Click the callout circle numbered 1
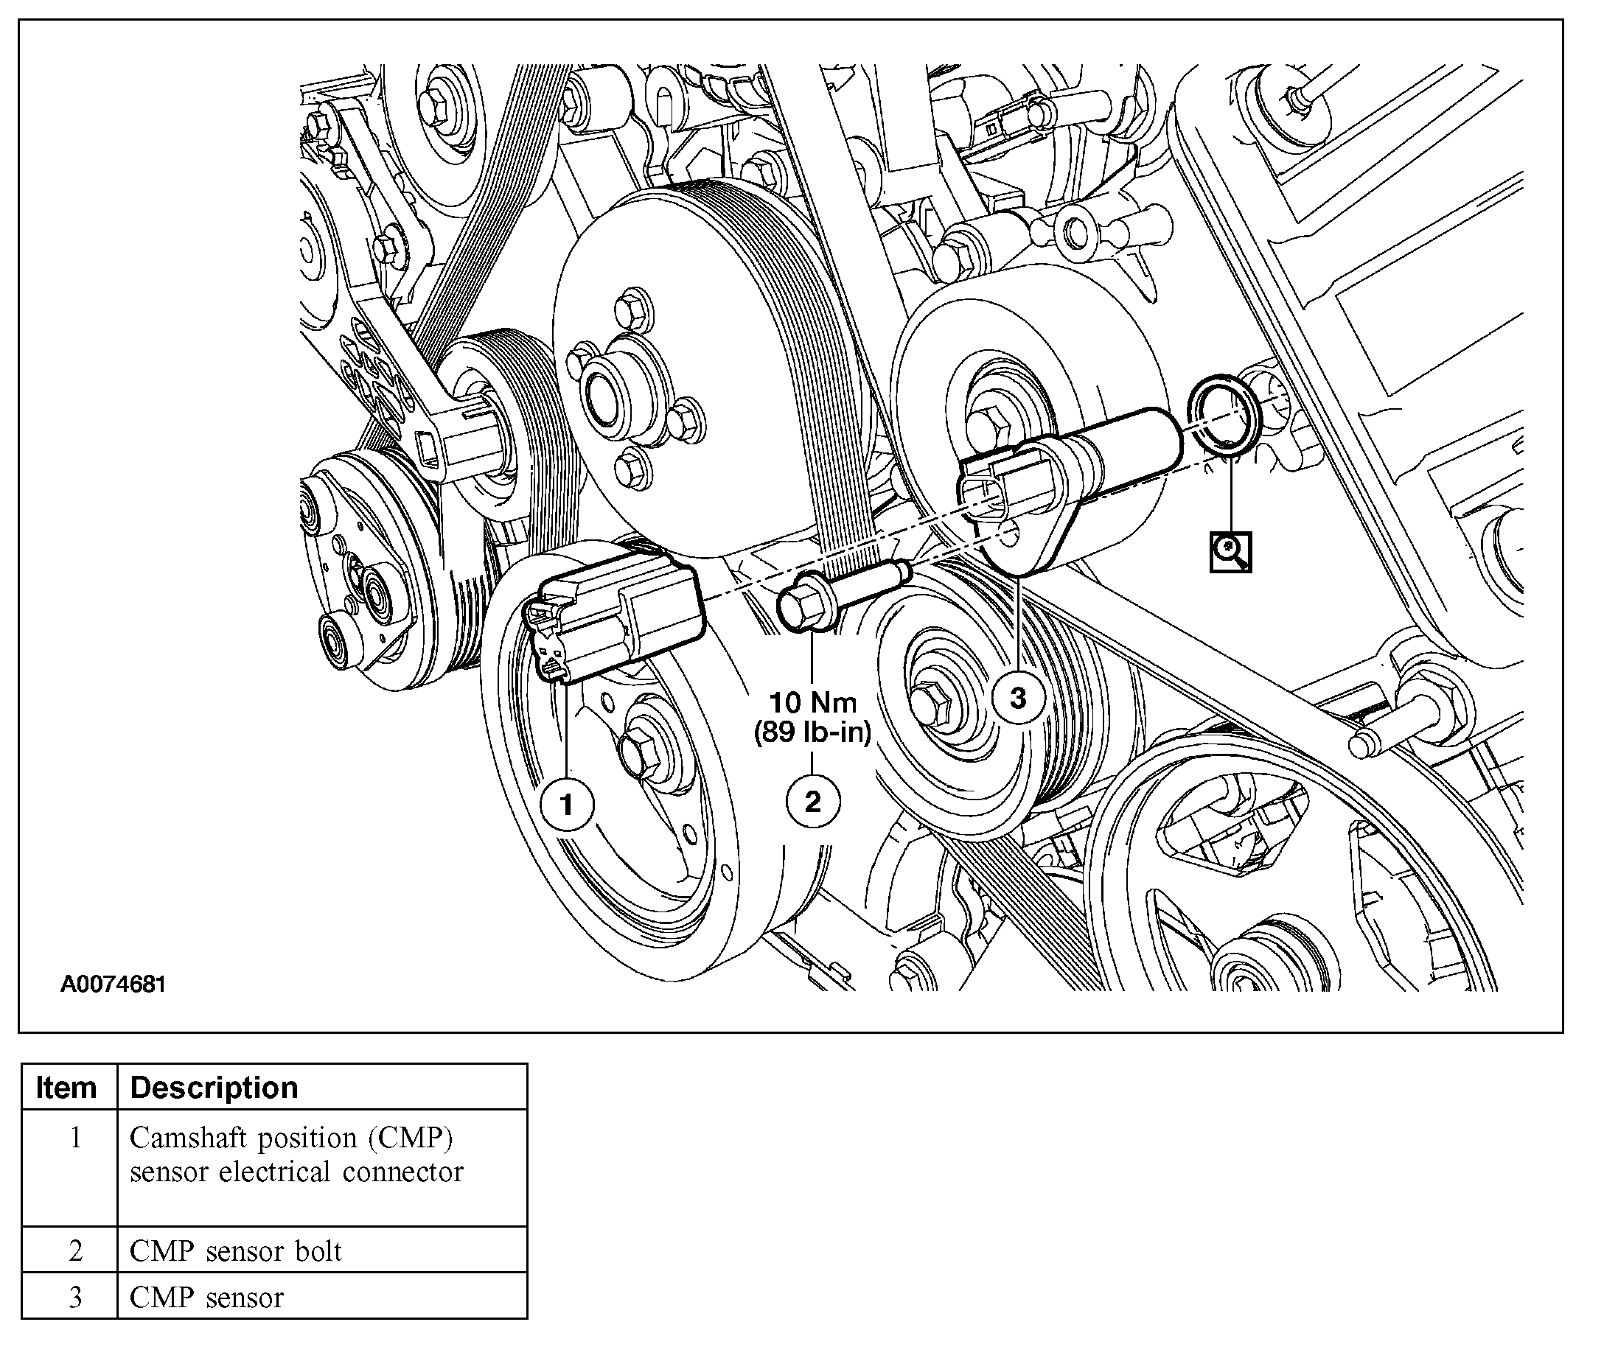(566, 804)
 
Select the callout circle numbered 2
(813, 801)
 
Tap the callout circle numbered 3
(1017, 697)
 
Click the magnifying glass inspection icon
(1230, 550)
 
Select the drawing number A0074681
(113, 984)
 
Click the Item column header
(66, 1088)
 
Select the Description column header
(214, 1088)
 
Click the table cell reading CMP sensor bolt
(236, 1250)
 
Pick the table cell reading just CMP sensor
(207, 1298)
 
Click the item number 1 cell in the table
(75, 1138)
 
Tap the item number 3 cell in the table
(75, 1298)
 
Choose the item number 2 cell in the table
(75, 1250)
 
